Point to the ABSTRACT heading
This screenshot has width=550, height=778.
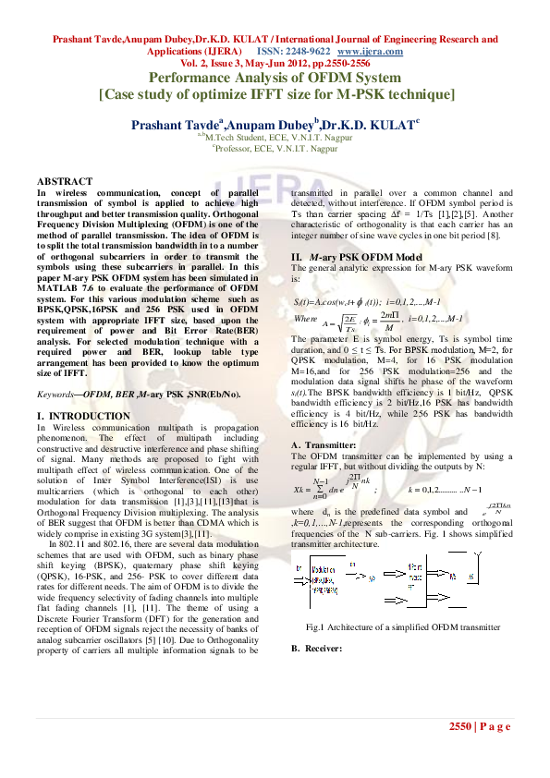point(65,180)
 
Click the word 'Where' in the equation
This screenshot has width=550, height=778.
point(306,317)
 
